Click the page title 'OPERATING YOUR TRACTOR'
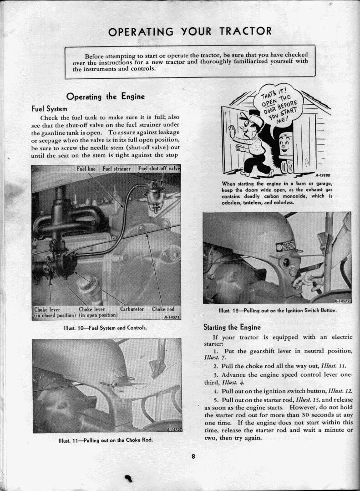click(x=190, y=31)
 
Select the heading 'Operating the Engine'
click(x=106, y=97)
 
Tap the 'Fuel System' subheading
click(x=49, y=109)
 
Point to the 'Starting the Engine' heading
click(x=232, y=327)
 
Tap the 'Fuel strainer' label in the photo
click(x=117, y=169)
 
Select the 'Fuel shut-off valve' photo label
click(x=159, y=169)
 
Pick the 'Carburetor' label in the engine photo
click(x=132, y=309)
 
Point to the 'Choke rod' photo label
click(x=163, y=309)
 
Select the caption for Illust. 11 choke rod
click(x=106, y=440)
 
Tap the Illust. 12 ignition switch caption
click(x=277, y=311)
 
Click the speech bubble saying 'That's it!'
click(x=282, y=105)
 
